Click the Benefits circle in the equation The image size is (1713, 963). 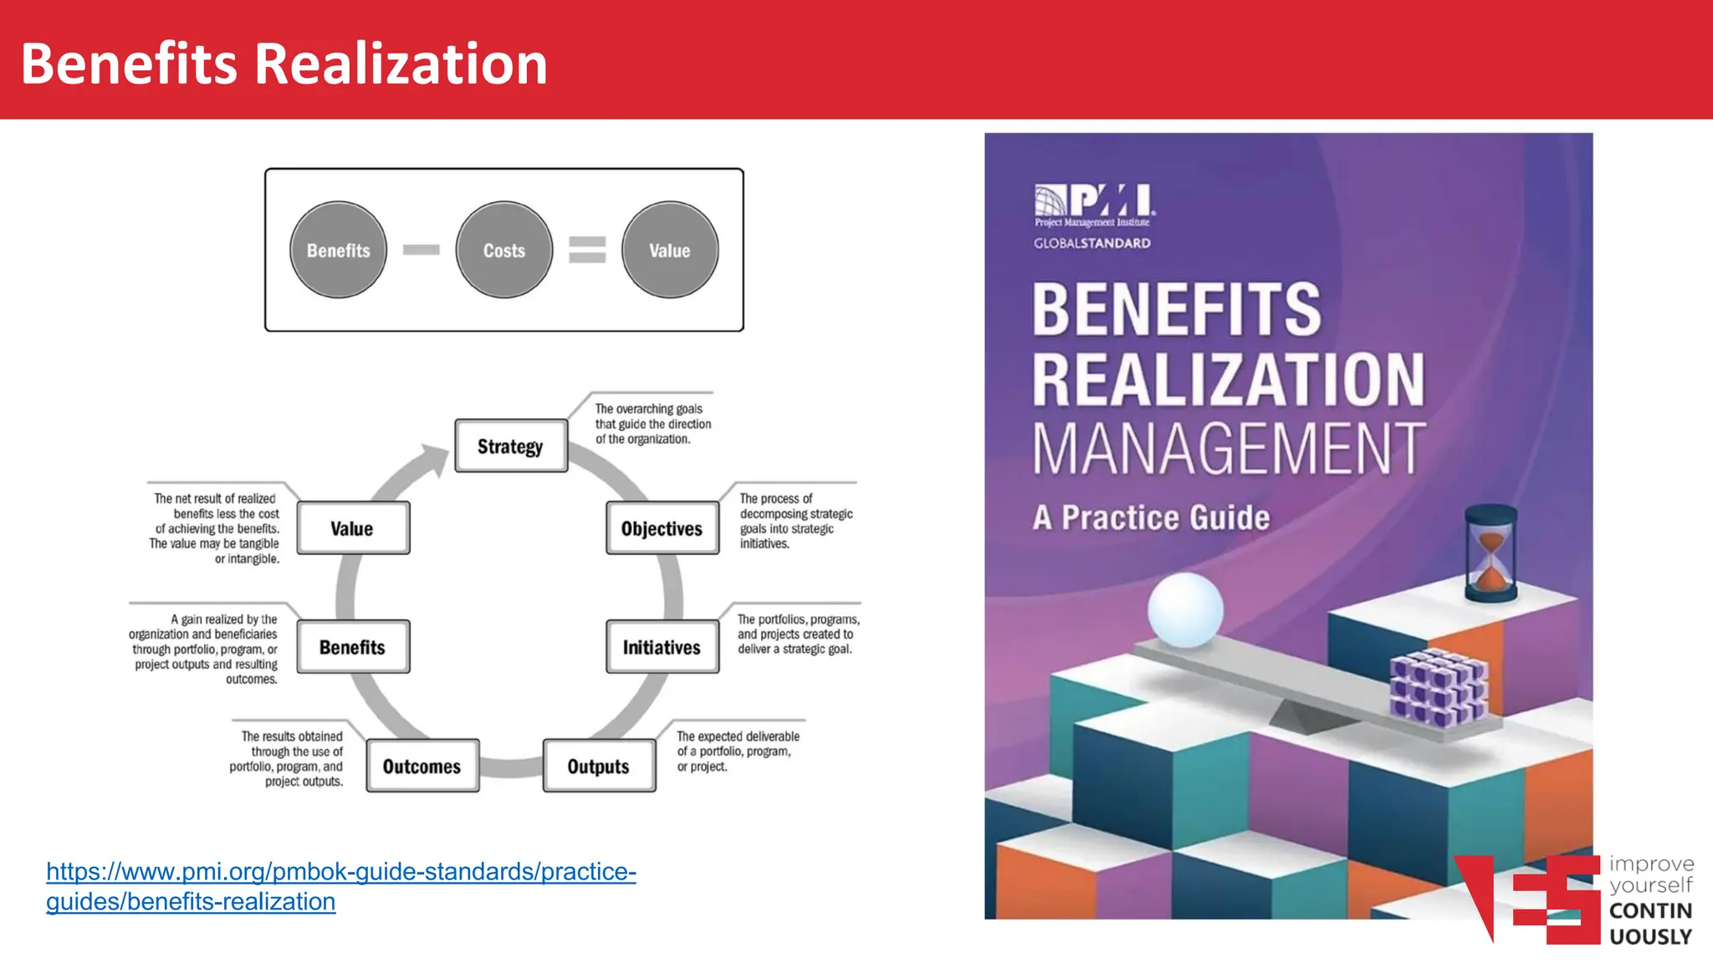click(x=338, y=250)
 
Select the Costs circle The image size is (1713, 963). click(x=504, y=250)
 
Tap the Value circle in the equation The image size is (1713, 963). click(x=669, y=250)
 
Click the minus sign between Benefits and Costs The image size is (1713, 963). click(x=421, y=249)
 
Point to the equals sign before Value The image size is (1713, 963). click(x=587, y=249)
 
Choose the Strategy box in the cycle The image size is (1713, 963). click(x=511, y=446)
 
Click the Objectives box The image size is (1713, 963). click(x=662, y=528)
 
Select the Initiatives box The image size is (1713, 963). click(x=662, y=647)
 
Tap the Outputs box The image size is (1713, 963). click(x=599, y=766)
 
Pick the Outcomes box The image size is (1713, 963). click(x=422, y=766)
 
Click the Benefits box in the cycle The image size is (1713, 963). click(x=353, y=647)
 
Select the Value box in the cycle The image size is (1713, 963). click(x=353, y=528)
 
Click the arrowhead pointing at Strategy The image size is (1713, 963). click(x=436, y=460)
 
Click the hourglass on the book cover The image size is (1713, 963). click(x=1491, y=553)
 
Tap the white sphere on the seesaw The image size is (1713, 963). click(x=1184, y=609)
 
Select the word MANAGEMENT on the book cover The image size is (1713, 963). click(x=1228, y=450)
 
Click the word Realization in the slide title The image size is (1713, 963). click(x=401, y=64)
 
